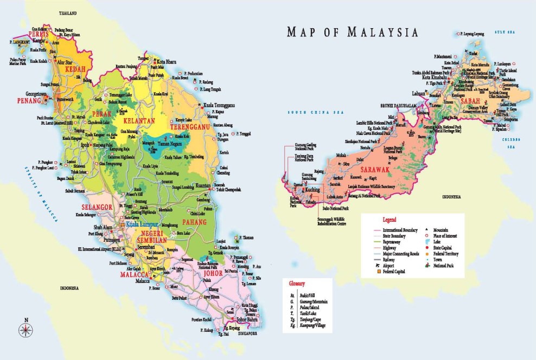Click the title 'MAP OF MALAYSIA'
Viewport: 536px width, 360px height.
(x=353, y=33)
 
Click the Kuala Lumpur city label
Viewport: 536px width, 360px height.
(x=142, y=223)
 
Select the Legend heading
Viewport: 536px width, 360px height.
(x=390, y=220)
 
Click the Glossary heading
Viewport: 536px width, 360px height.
(x=298, y=284)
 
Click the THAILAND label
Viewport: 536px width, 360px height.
(x=68, y=12)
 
